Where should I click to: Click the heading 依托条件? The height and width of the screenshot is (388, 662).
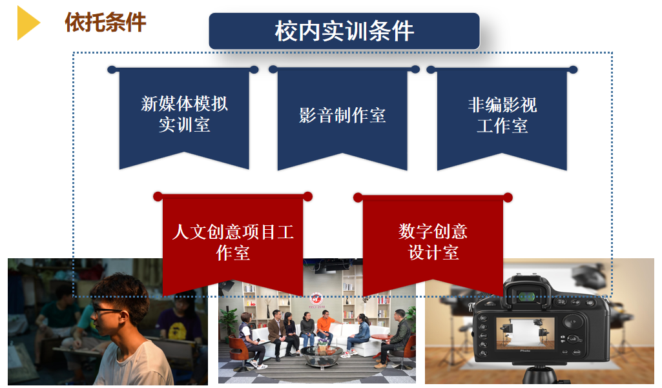[x=105, y=22]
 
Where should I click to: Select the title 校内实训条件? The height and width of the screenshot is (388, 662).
[x=344, y=31]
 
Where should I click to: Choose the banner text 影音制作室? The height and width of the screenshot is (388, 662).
[x=342, y=116]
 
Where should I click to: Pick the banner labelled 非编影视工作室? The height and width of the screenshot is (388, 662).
[x=502, y=116]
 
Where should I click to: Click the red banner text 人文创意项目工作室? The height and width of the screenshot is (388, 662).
[x=233, y=242]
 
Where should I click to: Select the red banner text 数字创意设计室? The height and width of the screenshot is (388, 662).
[x=433, y=242]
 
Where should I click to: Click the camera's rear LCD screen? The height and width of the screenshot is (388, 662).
[x=525, y=334]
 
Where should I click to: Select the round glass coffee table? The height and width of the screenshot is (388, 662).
[x=322, y=354]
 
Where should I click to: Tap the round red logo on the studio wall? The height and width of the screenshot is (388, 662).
[x=316, y=298]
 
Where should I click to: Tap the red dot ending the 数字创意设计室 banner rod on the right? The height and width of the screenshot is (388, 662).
[x=508, y=198]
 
